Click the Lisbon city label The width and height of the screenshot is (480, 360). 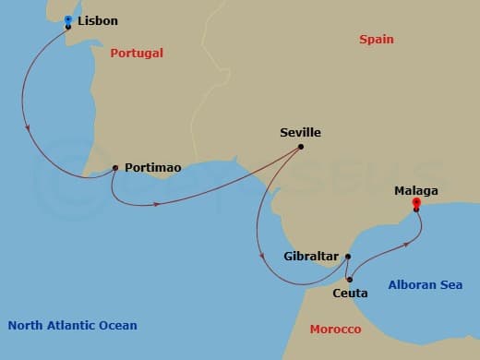[98, 20]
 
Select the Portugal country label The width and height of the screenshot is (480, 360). [137, 54]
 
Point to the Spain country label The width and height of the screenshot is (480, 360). [377, 40]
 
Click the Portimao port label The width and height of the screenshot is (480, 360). [152, 168]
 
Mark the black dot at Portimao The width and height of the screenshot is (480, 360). [114, 168]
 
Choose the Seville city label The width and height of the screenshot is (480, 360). [300, 133]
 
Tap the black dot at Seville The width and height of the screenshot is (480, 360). [301, 147]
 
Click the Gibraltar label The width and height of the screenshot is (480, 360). [312, 257]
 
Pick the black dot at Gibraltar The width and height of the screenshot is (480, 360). [348, 257]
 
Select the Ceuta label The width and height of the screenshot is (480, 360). [349, 294]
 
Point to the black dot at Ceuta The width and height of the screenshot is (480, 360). [349, 279]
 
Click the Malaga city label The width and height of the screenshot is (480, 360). [415, 191]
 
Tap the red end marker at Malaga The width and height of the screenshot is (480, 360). [416, 203]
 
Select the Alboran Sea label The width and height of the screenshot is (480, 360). [426, 285]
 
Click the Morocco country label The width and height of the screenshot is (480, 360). [335, 330]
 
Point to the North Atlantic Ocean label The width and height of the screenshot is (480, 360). [72, 325]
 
